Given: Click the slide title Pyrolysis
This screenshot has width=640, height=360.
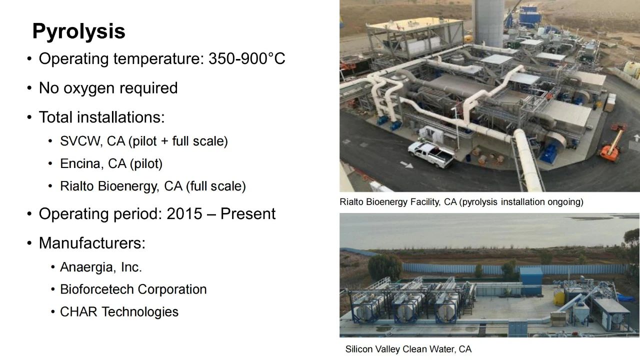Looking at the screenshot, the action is tap(79, 31).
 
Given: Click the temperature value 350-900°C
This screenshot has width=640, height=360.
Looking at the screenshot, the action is tap(247, 58).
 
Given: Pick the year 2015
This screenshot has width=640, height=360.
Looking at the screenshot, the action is tap(184, 213).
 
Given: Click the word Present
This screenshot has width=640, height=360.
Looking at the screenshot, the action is tap(248, 213).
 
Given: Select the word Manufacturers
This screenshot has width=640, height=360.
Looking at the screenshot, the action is tap(92, 243).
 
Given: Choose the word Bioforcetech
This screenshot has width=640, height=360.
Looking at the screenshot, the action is tap(97, 289).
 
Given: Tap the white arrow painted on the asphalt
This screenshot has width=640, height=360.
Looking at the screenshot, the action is tap(406, 164).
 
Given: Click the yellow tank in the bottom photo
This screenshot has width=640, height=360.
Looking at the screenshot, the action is tap(559, 298).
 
